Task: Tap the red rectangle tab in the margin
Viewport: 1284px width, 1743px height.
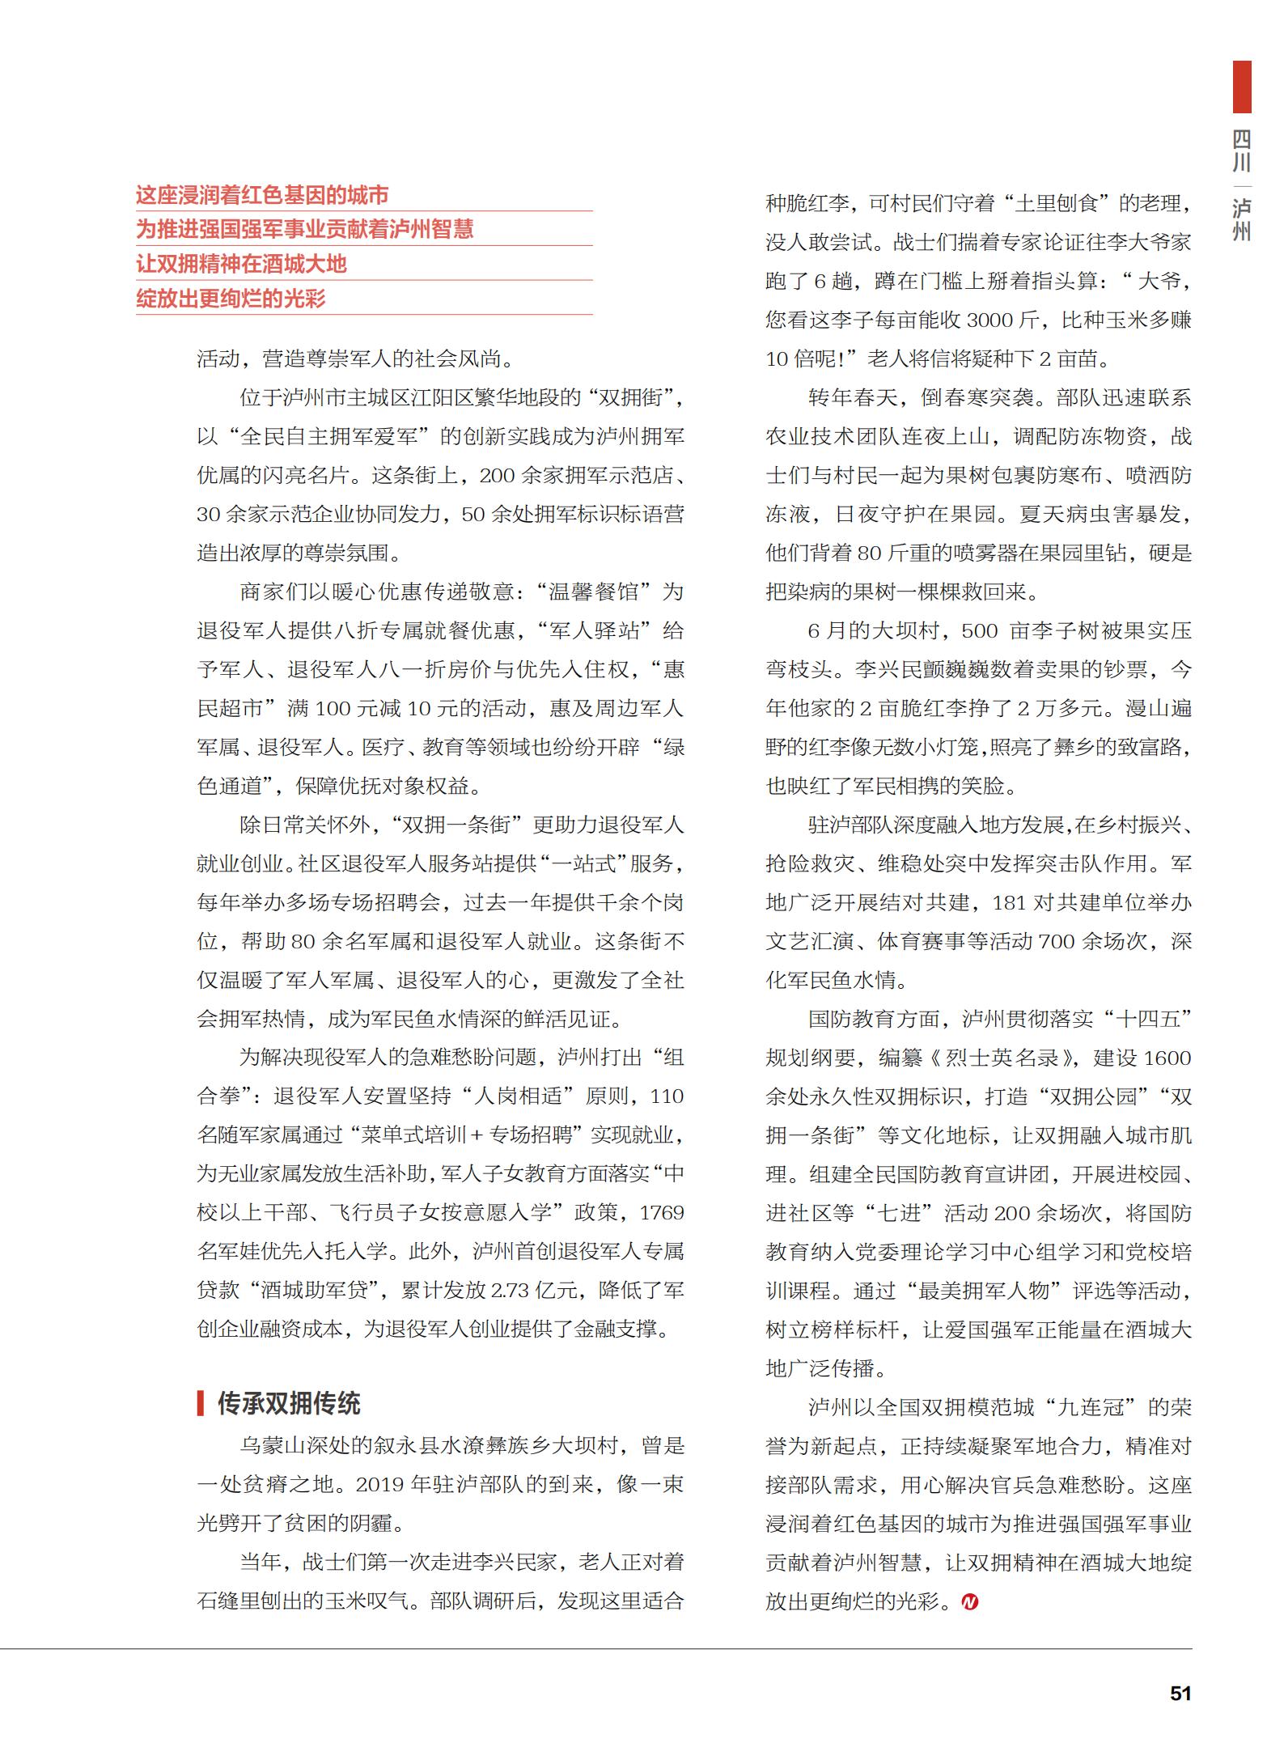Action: [x=1241, y=87]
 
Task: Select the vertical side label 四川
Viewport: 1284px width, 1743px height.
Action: [x=1241, y=151]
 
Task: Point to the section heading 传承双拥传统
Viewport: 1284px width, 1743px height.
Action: [x=289, y=1402]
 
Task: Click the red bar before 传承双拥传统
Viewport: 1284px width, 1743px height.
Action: [x=201, y=1402]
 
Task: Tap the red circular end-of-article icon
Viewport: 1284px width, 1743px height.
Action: [x=970, y=1601]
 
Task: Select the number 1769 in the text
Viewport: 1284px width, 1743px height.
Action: [x=662, y=1212]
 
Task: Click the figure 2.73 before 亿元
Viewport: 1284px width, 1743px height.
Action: [x=510, y=1290]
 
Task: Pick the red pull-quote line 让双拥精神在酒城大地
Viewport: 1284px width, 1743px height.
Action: [x=241, y=264]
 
